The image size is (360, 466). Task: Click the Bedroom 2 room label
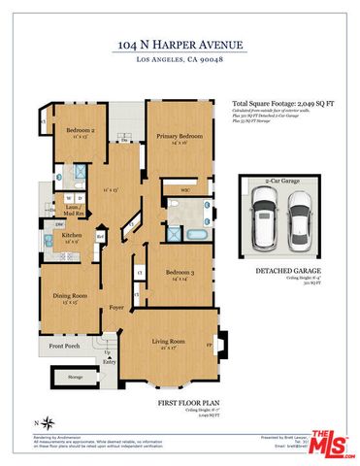pyautogui.click(x=79, y=130)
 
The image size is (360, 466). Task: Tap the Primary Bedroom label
pyautogui.click(x=179, y=137)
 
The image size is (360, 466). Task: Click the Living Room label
pyautogui.click(x=170, y=342)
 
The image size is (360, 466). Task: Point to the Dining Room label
pyautogui.click(x=70, y=296)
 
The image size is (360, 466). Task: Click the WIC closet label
pyautogui.click(x=170, y=190)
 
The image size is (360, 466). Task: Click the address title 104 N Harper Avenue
pyautogui.click(x=180, y=45)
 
